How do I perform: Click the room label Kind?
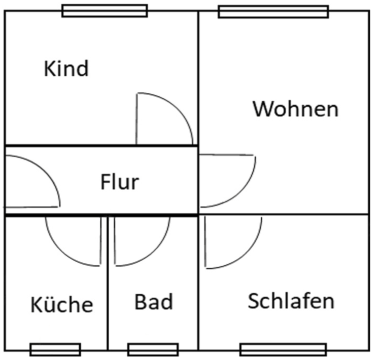66,69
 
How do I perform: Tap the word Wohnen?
295,109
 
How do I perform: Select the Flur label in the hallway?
120,182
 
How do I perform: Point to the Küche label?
62,304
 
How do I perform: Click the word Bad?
154,302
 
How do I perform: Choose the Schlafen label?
291,301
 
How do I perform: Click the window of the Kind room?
105,10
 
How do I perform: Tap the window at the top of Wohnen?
273,11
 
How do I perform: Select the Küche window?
55,350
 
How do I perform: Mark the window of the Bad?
153,350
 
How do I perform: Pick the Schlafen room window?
283,350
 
